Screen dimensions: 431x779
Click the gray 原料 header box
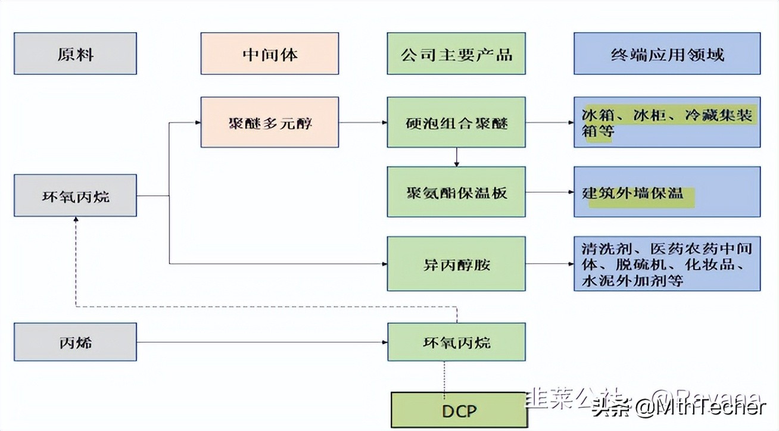[x=75, y=54]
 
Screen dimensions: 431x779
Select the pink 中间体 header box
[x=269, y=54]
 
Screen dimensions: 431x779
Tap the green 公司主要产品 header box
[x=456, y=54]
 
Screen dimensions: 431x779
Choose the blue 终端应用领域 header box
[x=667, y=54]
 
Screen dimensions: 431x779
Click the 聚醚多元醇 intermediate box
[x=269, y=123]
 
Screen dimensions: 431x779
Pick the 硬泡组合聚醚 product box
[x=456, y=123]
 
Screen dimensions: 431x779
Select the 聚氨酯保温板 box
[x=456, y=192]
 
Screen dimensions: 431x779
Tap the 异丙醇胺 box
[x=456, y=264]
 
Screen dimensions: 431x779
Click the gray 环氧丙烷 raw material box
[x=75, y=195]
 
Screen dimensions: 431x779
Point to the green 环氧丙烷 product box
[x=456, y=342]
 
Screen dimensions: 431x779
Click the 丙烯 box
[x=75, y=342]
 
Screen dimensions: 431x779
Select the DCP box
[x=459, y=410]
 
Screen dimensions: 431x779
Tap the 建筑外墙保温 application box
[x=667, y=192]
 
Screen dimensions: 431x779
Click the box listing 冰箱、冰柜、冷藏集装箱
[x=667, y=123]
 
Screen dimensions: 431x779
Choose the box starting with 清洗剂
[x=667, y=264]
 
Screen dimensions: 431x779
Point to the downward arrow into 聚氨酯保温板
[x=456, y=157]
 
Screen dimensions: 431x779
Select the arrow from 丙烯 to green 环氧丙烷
[x=262, y=342]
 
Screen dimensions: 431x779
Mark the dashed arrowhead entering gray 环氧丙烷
[x=76, y=220]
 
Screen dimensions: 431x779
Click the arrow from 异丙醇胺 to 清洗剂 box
[x=549, y=264]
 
